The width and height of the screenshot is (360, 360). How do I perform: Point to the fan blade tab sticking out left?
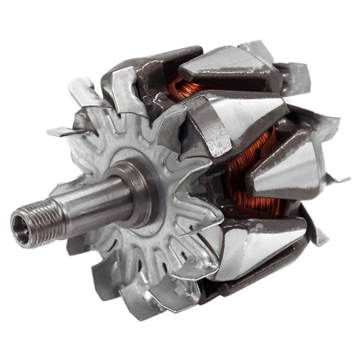point(62,131)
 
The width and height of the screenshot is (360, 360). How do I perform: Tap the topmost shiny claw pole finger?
point(227,64)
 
